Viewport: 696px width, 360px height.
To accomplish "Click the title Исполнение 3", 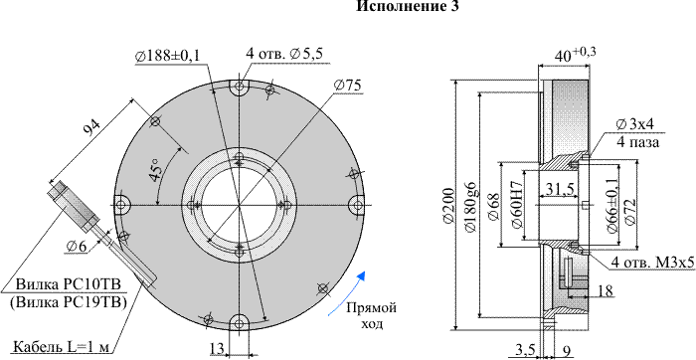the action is (x=408, y=6).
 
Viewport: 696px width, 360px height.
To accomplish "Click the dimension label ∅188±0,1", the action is (x=168, y=56).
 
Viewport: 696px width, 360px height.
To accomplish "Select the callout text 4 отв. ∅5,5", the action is (x=284, y=54).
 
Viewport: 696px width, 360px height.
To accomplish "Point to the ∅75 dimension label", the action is (x=348, y=86).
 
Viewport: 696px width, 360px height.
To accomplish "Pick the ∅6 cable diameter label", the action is (x=77, y=246).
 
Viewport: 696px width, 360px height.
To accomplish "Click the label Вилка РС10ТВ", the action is (x=69, y=284).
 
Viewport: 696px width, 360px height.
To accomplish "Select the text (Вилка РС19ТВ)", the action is (x=69, y=302).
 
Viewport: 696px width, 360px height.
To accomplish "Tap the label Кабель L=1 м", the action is (x=61, y=346).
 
